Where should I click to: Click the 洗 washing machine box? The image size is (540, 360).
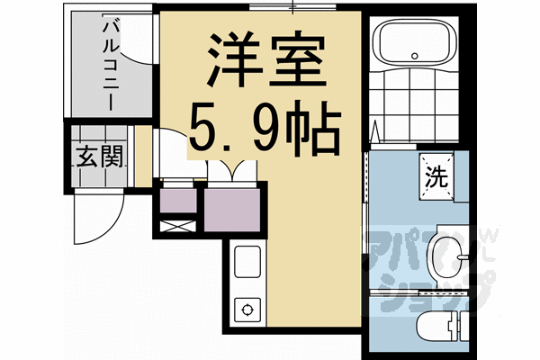coord(436,175)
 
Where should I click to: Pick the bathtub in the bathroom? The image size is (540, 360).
coord(415,44)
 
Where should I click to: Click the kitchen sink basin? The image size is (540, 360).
coord(247,262)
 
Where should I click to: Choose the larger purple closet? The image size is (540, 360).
coord(236,208)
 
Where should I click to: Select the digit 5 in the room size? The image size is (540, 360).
coord(205,132)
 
